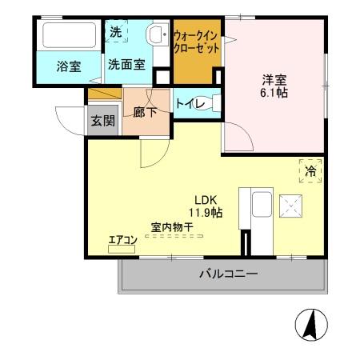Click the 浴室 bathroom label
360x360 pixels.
69,66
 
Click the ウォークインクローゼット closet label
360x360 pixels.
196,40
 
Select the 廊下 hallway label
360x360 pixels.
146,112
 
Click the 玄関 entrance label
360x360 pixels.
102,121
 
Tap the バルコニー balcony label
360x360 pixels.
228,275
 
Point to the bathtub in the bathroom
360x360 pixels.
68,37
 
